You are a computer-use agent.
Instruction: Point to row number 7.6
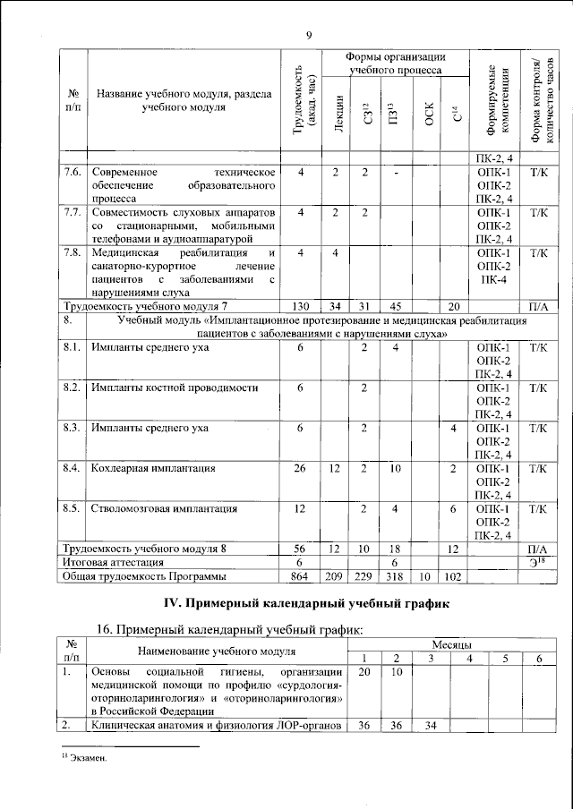pos(73,172)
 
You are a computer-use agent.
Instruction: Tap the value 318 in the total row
pos(394,577)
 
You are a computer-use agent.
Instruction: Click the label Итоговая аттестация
pos(112,562)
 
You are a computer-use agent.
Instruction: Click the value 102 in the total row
pos(455,577)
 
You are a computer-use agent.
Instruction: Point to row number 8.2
pos(73,387)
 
